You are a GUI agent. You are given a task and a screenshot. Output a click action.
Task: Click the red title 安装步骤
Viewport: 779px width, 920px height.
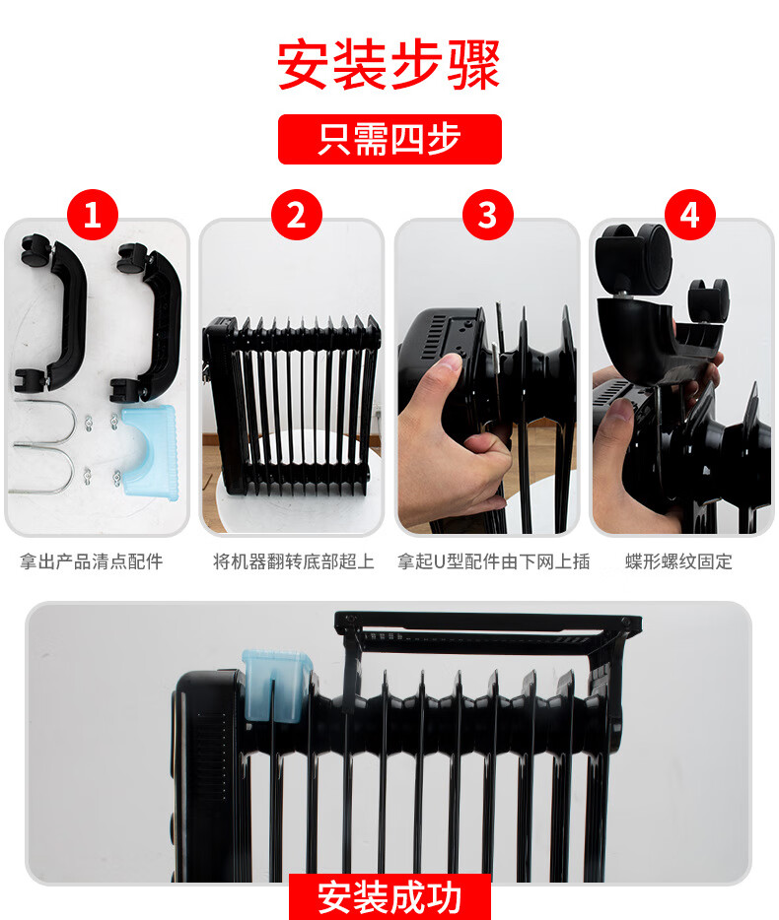click(389, 65)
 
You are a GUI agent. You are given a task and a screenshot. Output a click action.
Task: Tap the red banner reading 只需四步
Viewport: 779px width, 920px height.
click(389, 139)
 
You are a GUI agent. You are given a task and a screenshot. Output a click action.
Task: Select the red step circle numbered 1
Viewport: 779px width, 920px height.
click(93, 215)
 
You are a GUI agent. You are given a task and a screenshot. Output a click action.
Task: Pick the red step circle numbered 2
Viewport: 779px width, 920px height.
click(297, 215)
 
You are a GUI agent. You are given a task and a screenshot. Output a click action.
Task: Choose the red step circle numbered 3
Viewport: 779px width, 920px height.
click(487, 215)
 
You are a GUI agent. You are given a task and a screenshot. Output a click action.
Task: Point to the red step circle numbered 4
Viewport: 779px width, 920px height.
click(690, 215)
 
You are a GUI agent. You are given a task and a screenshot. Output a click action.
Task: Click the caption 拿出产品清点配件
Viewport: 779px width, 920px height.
click(91, 561)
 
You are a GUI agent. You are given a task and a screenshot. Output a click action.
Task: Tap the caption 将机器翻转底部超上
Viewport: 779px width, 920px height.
click(294, 561)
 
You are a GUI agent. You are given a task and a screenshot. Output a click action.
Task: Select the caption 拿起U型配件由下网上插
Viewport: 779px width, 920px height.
click(493, 561)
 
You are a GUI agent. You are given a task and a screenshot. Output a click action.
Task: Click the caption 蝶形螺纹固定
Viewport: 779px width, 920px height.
click(678, 561)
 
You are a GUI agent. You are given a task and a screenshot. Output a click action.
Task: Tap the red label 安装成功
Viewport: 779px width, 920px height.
click(389, 897)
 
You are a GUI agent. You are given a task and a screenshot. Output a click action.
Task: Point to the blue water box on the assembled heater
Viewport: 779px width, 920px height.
click(276, 686)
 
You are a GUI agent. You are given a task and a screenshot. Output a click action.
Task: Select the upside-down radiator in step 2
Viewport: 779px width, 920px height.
click(292, 405)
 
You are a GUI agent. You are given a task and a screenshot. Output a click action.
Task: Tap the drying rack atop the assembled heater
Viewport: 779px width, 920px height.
click(487, 632)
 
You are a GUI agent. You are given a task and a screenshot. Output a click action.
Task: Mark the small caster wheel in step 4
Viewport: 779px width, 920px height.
click(709, 299)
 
